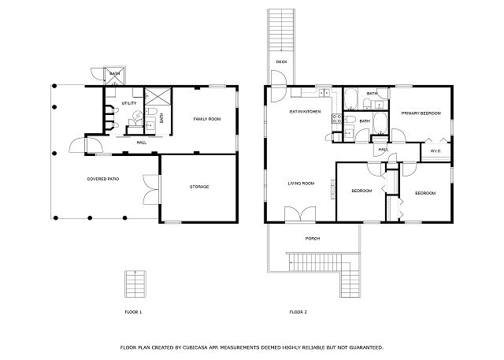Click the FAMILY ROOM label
(207, 119)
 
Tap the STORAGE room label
(199, 187)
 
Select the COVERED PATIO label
(103, 179)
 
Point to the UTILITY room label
(129, 103)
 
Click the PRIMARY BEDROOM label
(421, 113)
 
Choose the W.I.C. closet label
(435, 151)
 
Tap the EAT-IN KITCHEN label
(305, 112)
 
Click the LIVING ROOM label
(301, 184)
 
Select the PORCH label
(313, 239)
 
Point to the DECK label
(282, 61)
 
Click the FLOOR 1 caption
(133, 312)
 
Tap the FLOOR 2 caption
(298, 312)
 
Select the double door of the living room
(300, 214)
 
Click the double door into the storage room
(151, 190)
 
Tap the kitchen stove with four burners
(336, 119)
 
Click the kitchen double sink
(324, 93)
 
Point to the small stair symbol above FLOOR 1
(135, 284)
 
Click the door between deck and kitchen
(278, 86)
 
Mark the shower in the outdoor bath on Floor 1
(115, 76)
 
